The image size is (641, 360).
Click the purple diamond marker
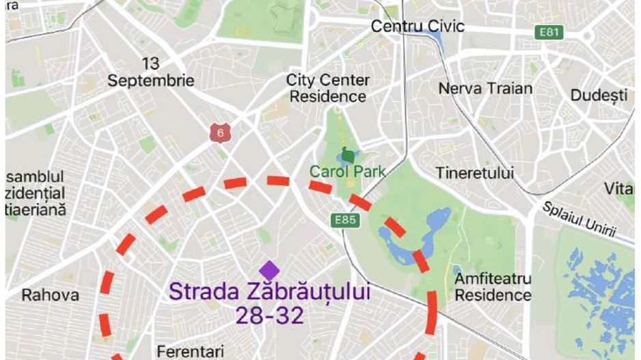click(269, 270)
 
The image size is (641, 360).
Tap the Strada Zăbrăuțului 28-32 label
click(269, 303)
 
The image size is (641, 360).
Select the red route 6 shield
click(219, 133)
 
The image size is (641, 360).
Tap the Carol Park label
click(347, 171)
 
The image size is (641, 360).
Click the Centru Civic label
click(417, 26)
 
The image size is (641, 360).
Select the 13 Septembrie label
click(150, 72)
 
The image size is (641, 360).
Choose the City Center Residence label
click(327, 88)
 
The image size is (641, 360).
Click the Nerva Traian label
click(485, 88)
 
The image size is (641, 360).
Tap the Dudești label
click(598, 95)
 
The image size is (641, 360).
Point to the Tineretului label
click(475, 174)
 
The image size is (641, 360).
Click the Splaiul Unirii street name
click(579, 219)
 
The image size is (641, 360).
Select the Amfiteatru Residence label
click(493, 287)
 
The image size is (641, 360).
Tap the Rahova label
click(50, 295)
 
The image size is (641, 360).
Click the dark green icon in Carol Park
click(349, 155)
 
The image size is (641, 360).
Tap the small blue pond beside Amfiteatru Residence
click(456, 271)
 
